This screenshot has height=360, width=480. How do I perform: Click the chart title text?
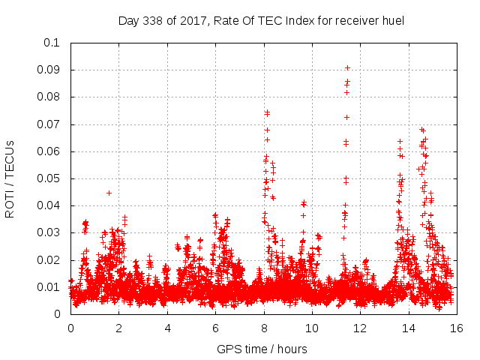(x=261, y=20)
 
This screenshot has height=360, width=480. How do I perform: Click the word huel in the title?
(x=392, y=20)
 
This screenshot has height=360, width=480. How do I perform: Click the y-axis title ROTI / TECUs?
(x=10, y=178)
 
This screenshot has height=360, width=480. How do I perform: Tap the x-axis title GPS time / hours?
(x=262, y=349)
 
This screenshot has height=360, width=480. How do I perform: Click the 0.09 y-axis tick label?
(x=49, y=70)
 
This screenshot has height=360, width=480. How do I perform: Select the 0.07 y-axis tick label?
(x=49, y=124)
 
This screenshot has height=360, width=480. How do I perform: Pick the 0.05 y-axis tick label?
(x=49, y=178)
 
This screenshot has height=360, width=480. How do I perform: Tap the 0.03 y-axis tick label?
(x=49, y=233)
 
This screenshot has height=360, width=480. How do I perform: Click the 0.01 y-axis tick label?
(x=49, y=287)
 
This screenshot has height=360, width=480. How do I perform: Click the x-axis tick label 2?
(x=119, y=328)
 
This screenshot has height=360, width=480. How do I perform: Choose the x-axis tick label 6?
(x=216, y=328)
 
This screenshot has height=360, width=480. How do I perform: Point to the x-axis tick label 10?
(x=312, y=328)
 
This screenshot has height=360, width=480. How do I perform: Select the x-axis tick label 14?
(x=409, y=328)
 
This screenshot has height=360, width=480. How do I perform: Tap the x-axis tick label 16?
(x=457, y=328)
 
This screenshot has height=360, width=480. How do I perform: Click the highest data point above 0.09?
(x=347, y=67)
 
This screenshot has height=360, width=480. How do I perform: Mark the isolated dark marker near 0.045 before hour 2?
(x=109, y=193)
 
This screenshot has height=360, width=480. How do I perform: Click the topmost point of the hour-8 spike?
(x=267, y=112)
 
